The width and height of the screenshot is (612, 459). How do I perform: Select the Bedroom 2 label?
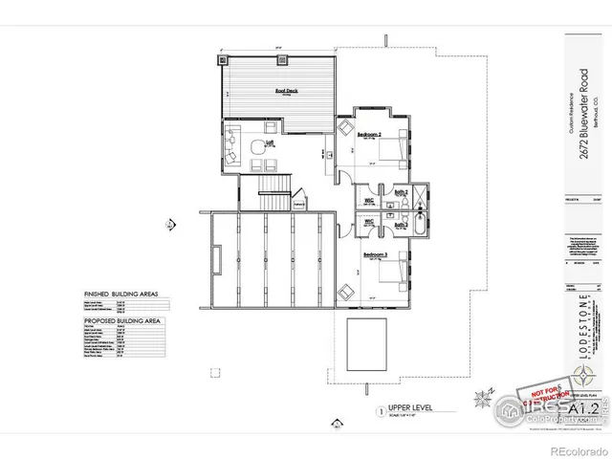pyautogui.click(x=370, y=136)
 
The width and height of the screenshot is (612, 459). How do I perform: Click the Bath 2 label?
pyautogui.click(x=402, y=193)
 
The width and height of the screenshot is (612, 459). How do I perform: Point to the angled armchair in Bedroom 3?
pyautogui.click(x=343, y=290)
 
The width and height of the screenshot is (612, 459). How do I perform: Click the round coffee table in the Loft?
pyautogui.click(x=257, y=148)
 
